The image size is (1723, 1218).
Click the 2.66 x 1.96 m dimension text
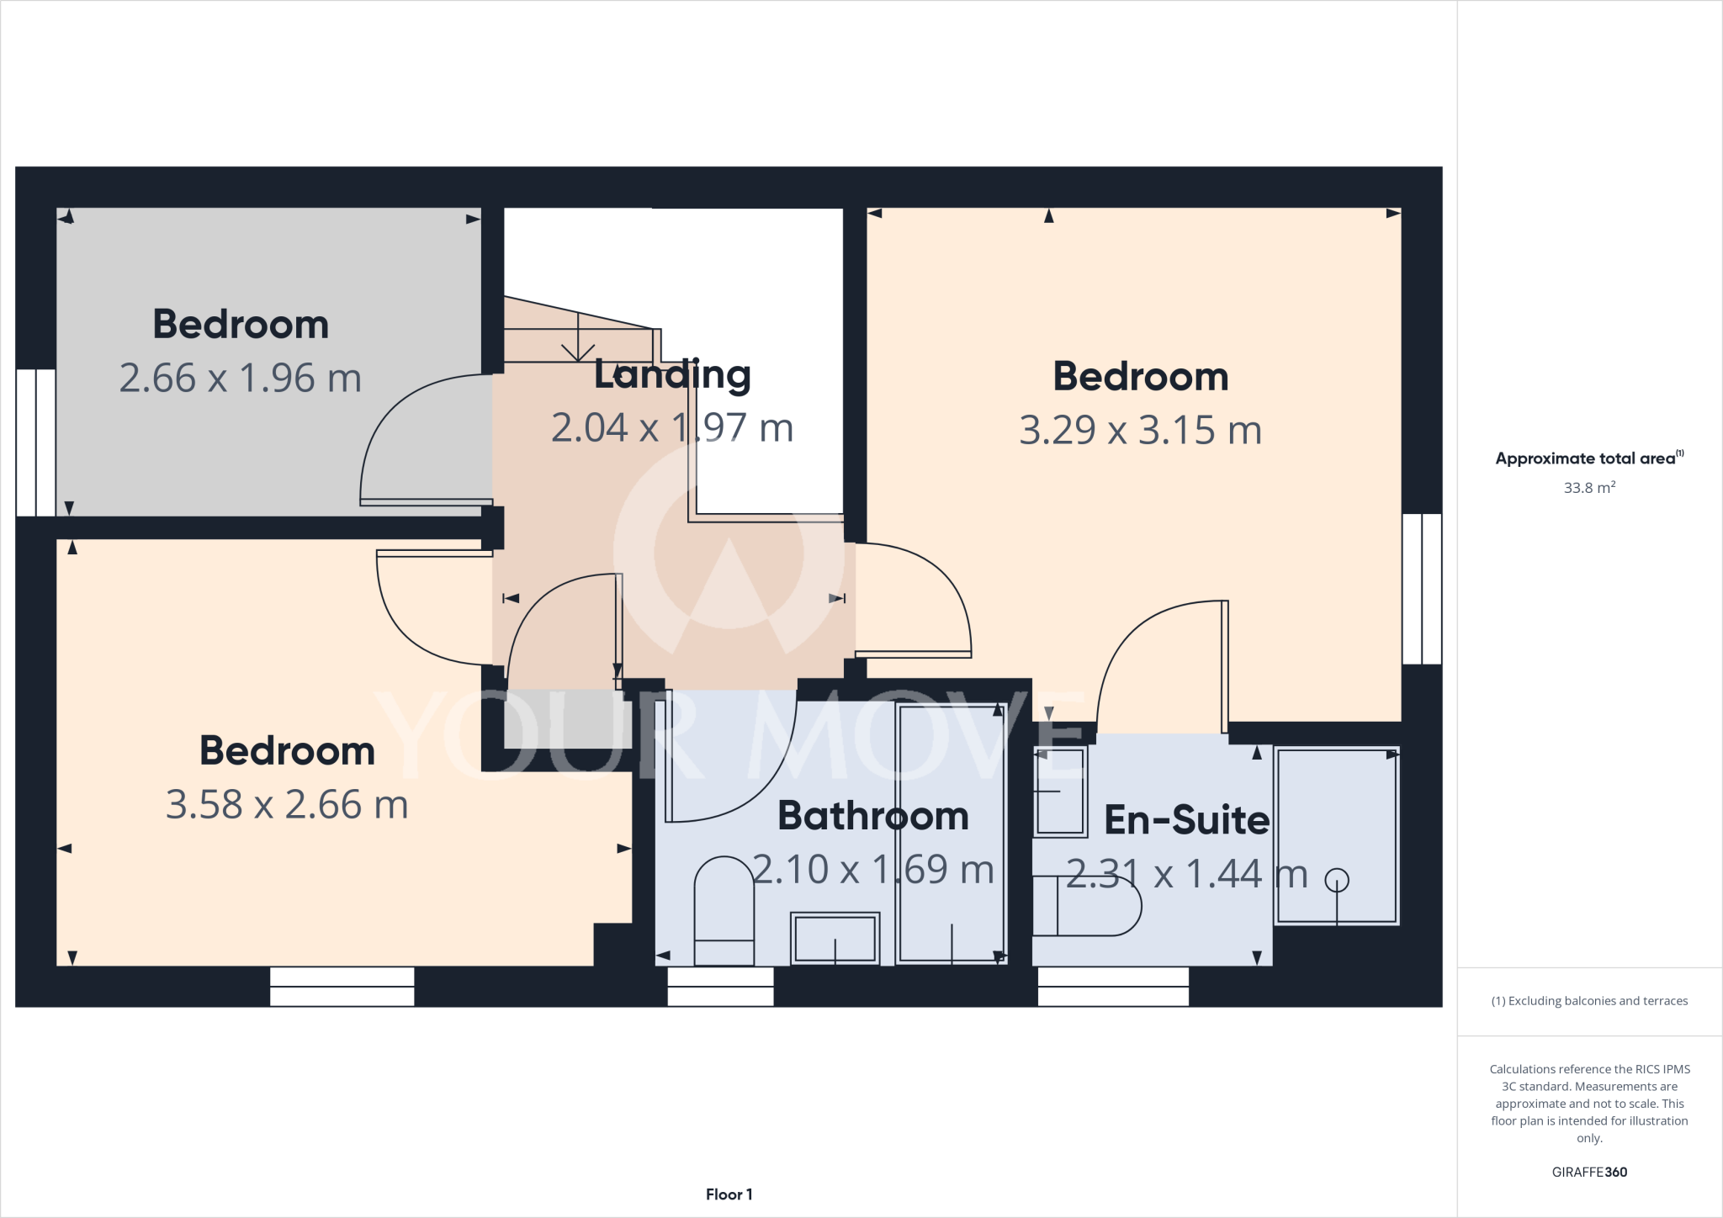coord(240,378)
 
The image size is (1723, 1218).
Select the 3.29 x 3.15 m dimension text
coord(1140,430)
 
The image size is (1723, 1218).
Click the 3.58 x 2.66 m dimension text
coord(287,804)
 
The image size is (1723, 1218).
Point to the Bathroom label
coord(872,816)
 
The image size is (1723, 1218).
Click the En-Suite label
coord(1186,820)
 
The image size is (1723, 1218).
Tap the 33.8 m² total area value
coord(1588,488)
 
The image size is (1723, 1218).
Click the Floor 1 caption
coord(729,1194)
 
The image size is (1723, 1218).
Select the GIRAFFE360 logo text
coord(1588,1172)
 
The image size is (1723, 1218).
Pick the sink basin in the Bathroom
coord(835,938)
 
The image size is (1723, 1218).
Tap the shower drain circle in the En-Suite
coord(1337,880)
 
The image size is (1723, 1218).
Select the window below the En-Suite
coord(1113,986)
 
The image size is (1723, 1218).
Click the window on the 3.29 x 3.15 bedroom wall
coord(1422,589)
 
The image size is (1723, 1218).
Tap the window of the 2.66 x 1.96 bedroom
coord(36,442)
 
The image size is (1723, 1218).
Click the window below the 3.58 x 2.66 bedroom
coord(342,986)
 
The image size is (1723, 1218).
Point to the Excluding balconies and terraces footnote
coord(1589,1001)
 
